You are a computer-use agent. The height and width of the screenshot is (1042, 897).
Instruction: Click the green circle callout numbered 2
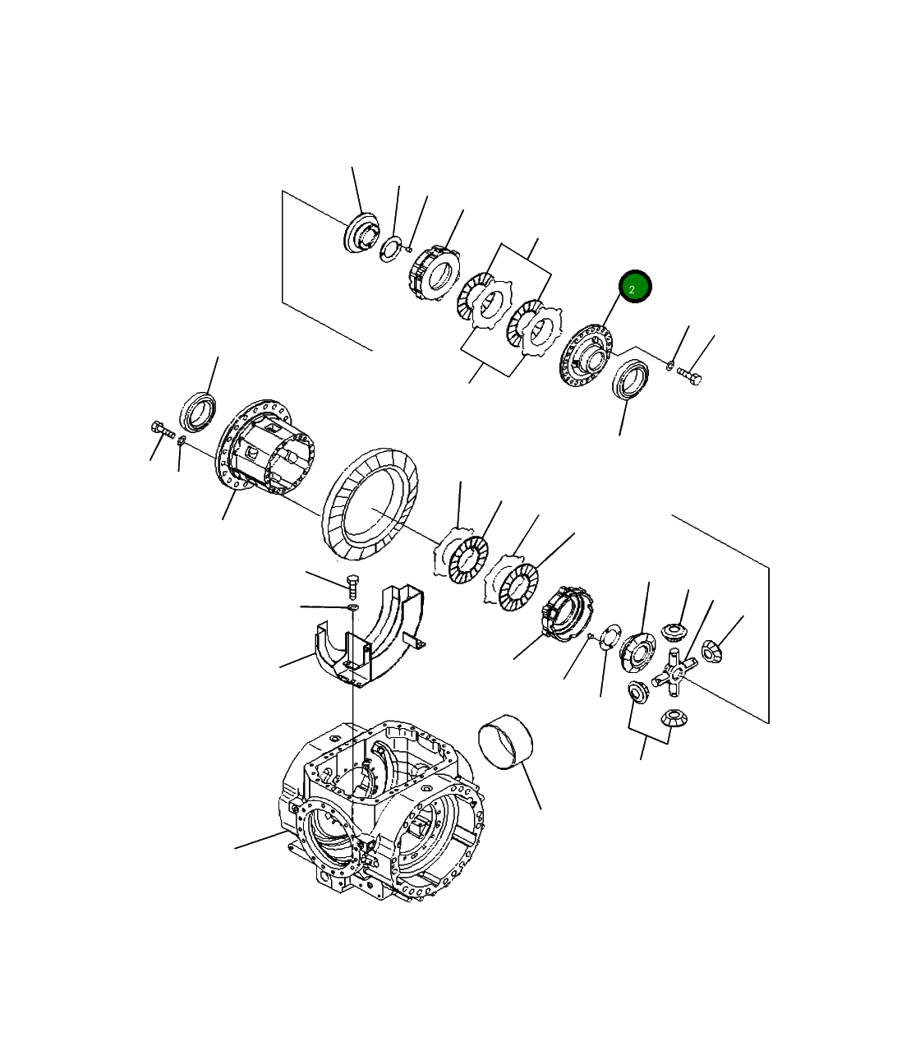635,286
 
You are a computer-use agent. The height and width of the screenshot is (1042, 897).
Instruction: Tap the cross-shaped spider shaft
674,672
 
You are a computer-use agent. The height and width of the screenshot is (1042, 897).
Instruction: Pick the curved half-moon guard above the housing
370,636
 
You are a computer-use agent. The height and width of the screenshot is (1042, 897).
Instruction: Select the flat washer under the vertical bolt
353,606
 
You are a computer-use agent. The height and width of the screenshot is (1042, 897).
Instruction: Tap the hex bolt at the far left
163,430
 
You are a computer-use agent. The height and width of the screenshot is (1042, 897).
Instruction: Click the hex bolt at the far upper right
689,376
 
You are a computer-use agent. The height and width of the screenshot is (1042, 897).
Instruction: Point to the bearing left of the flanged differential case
198,412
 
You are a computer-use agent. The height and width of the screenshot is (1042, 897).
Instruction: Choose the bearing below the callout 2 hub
630,379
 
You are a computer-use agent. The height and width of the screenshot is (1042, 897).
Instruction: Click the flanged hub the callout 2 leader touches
586,357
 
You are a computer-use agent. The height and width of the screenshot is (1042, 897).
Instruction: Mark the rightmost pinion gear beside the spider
711,651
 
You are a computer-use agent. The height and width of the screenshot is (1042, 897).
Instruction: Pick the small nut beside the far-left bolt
182,441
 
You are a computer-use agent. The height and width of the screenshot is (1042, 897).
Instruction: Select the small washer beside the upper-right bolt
669,365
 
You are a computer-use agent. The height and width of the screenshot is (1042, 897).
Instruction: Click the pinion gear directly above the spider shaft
672,631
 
